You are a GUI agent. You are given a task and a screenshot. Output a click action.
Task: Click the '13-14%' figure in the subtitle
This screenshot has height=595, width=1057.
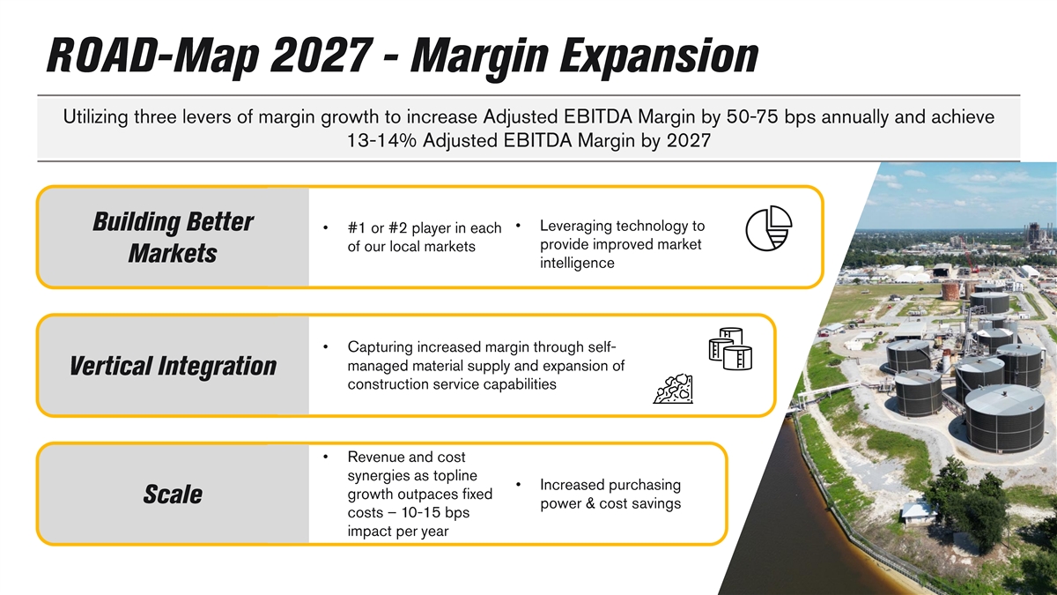click(x=381, y=141)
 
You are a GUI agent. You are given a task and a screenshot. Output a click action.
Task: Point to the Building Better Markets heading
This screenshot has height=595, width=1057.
click(x=173, y=237)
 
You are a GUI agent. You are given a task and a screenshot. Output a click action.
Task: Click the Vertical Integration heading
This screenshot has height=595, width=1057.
click(x=173, y=366)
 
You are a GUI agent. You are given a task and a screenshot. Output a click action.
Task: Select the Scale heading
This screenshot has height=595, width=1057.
click(x=173, y=495)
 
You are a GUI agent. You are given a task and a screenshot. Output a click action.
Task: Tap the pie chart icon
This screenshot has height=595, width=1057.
click(x=769, y=228)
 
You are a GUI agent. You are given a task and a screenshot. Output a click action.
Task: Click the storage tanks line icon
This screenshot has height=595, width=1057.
click(x=730, y=349)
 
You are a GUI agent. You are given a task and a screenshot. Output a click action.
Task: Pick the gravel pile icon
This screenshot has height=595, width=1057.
click(x=673, y=389)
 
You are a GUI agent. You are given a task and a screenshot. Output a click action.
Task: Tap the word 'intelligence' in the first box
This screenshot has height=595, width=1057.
click(x=577, y=263)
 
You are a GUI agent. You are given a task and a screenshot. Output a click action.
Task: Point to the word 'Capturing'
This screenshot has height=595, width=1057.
click(x=381, y=347)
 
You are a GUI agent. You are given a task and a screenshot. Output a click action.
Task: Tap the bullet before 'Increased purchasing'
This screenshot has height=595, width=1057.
click(x=518, y=485)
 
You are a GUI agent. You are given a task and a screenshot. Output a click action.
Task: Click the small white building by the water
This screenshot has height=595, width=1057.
click(x=917, y=513)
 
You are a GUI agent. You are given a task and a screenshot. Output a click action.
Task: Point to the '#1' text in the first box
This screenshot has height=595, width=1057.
click(x=357, y=228)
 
